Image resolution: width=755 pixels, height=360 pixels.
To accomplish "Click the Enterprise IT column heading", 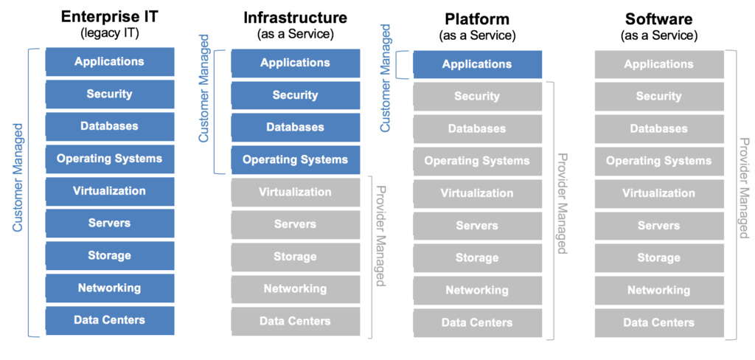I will click(109, 16).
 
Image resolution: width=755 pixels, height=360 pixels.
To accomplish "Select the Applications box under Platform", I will click(477, 64).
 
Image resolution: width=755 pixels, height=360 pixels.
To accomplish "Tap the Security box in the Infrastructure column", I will click(295, 95).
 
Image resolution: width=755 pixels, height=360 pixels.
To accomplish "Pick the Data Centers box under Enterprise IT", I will click(109, 320).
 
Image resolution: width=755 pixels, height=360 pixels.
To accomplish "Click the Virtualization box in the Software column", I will click(659, 193).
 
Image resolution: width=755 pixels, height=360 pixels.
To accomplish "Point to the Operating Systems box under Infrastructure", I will click(295, 159).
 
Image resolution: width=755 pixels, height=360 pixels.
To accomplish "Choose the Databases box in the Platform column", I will click(477, 128).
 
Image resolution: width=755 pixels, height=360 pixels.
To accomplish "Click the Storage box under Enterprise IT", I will click(109, 256).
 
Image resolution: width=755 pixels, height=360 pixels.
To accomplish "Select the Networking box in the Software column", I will click(659, 290).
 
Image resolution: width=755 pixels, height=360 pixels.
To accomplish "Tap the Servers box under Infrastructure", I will click(295, 224).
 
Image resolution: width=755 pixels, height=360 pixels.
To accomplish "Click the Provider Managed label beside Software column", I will click(744, 188).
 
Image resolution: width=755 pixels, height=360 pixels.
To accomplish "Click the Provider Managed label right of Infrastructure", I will click(380, 236).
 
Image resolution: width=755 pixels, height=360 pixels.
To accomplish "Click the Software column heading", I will click(659, 18).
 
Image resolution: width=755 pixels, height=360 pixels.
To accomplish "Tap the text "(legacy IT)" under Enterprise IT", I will click(109, 33).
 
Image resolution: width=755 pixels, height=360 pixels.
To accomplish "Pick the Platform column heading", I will click(477, 18).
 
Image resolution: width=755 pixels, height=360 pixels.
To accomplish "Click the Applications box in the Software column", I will click(659, 64).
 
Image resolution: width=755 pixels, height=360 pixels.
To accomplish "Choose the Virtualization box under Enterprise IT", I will click(109, 191).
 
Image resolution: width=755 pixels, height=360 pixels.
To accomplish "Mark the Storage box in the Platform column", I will click(477, 257).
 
